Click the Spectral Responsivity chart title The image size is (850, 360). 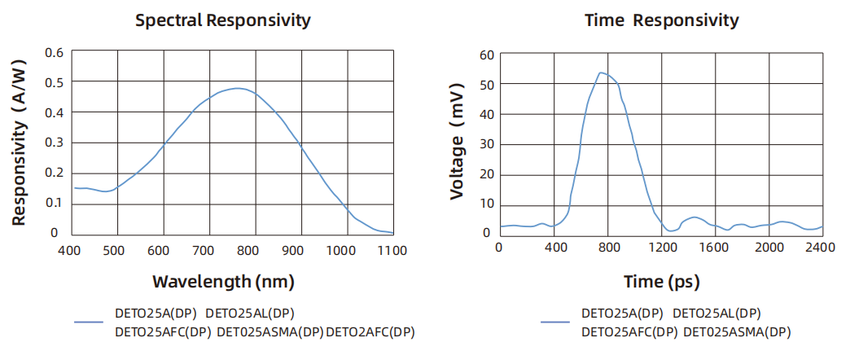coord(222,20)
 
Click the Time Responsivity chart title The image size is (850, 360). coord(662,20)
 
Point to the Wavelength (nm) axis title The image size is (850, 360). coord(223,282)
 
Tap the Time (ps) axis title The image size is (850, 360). coord(662,282)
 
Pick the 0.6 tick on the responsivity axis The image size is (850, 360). coord(55,53)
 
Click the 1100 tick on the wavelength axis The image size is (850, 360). coord(392,250)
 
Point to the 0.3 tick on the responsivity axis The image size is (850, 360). coord(55,143)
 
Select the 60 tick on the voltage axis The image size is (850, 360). coord(487,55)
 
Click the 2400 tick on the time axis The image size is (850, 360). coord(821,247)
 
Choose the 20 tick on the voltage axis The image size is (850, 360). coord(487,173)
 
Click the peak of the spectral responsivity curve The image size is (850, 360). coord(236,88)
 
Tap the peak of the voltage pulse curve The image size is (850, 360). coord(600,72)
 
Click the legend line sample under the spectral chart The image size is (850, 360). coord(87,322)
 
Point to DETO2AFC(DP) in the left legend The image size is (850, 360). coord(370,331)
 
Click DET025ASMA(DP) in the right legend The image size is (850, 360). coord(737,331)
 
